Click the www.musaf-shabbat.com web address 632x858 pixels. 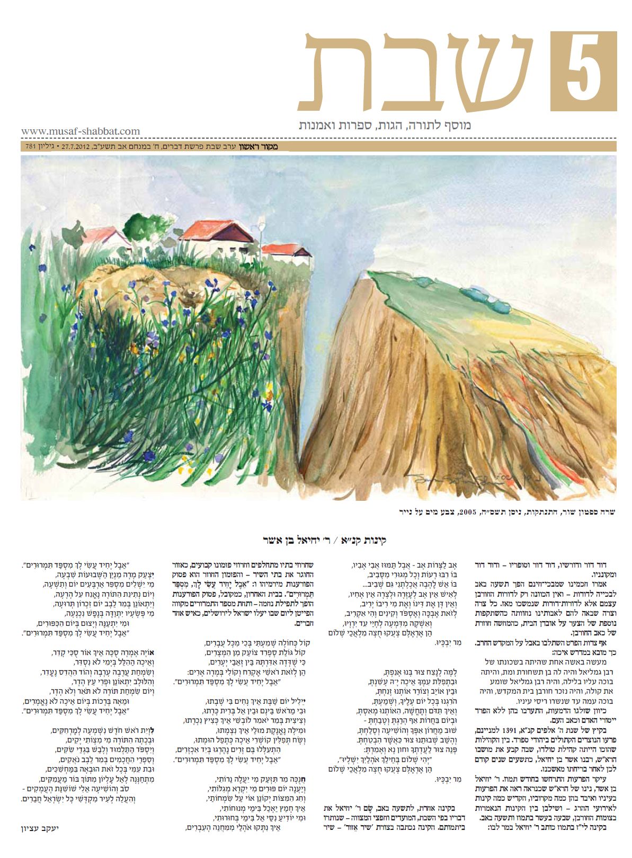(81, 131)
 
